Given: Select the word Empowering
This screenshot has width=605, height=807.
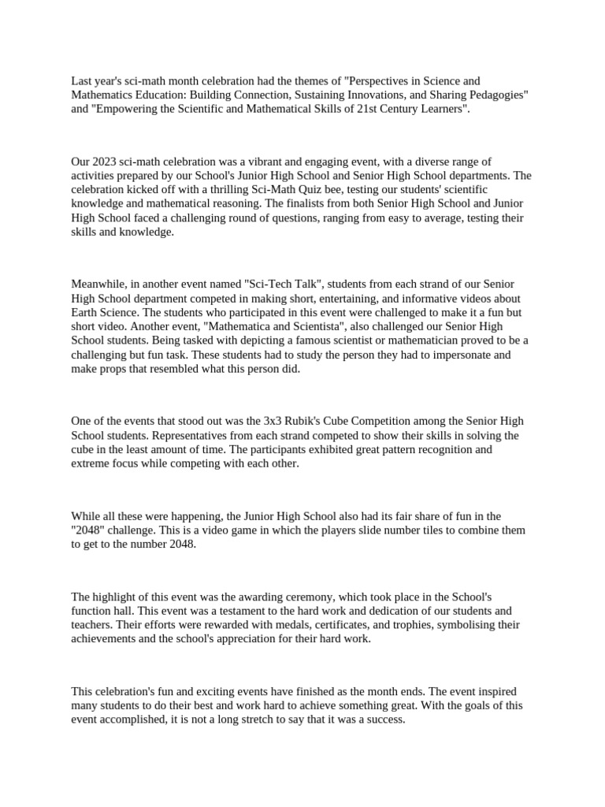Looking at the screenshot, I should click(123, 109).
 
